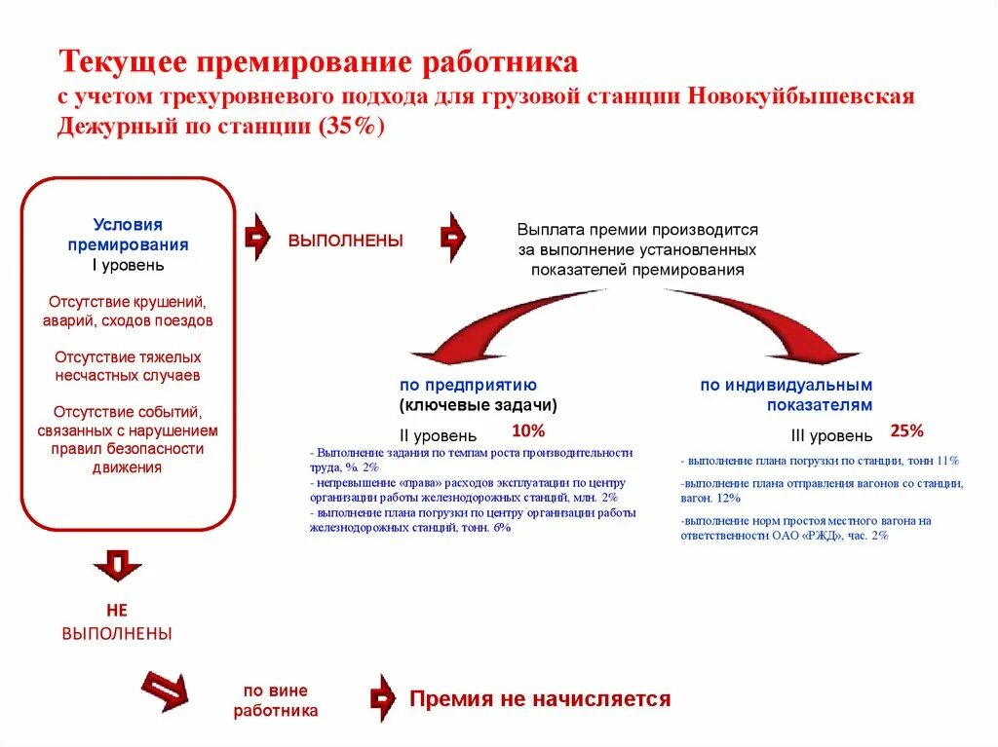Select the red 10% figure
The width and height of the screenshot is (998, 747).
[x=528, y=430]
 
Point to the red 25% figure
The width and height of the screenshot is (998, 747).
[x=906, y=430]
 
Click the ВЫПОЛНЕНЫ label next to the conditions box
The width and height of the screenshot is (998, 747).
[x=345, y=241]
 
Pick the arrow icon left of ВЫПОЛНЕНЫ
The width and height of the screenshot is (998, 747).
[x=256, y=237]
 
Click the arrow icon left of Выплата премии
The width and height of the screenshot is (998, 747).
[x=453, y=237]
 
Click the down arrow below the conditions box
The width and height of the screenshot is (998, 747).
[x=118, y=564]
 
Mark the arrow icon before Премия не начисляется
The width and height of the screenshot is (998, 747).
[x=383, y=698]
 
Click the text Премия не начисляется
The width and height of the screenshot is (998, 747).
[x=540, y=698]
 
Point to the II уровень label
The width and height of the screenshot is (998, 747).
[x=438, y=435]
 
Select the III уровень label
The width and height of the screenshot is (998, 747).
[x=831, y=435]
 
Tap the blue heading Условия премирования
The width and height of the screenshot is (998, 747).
[x=128, y=235]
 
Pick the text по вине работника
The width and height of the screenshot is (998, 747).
[x=276, y=700]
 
